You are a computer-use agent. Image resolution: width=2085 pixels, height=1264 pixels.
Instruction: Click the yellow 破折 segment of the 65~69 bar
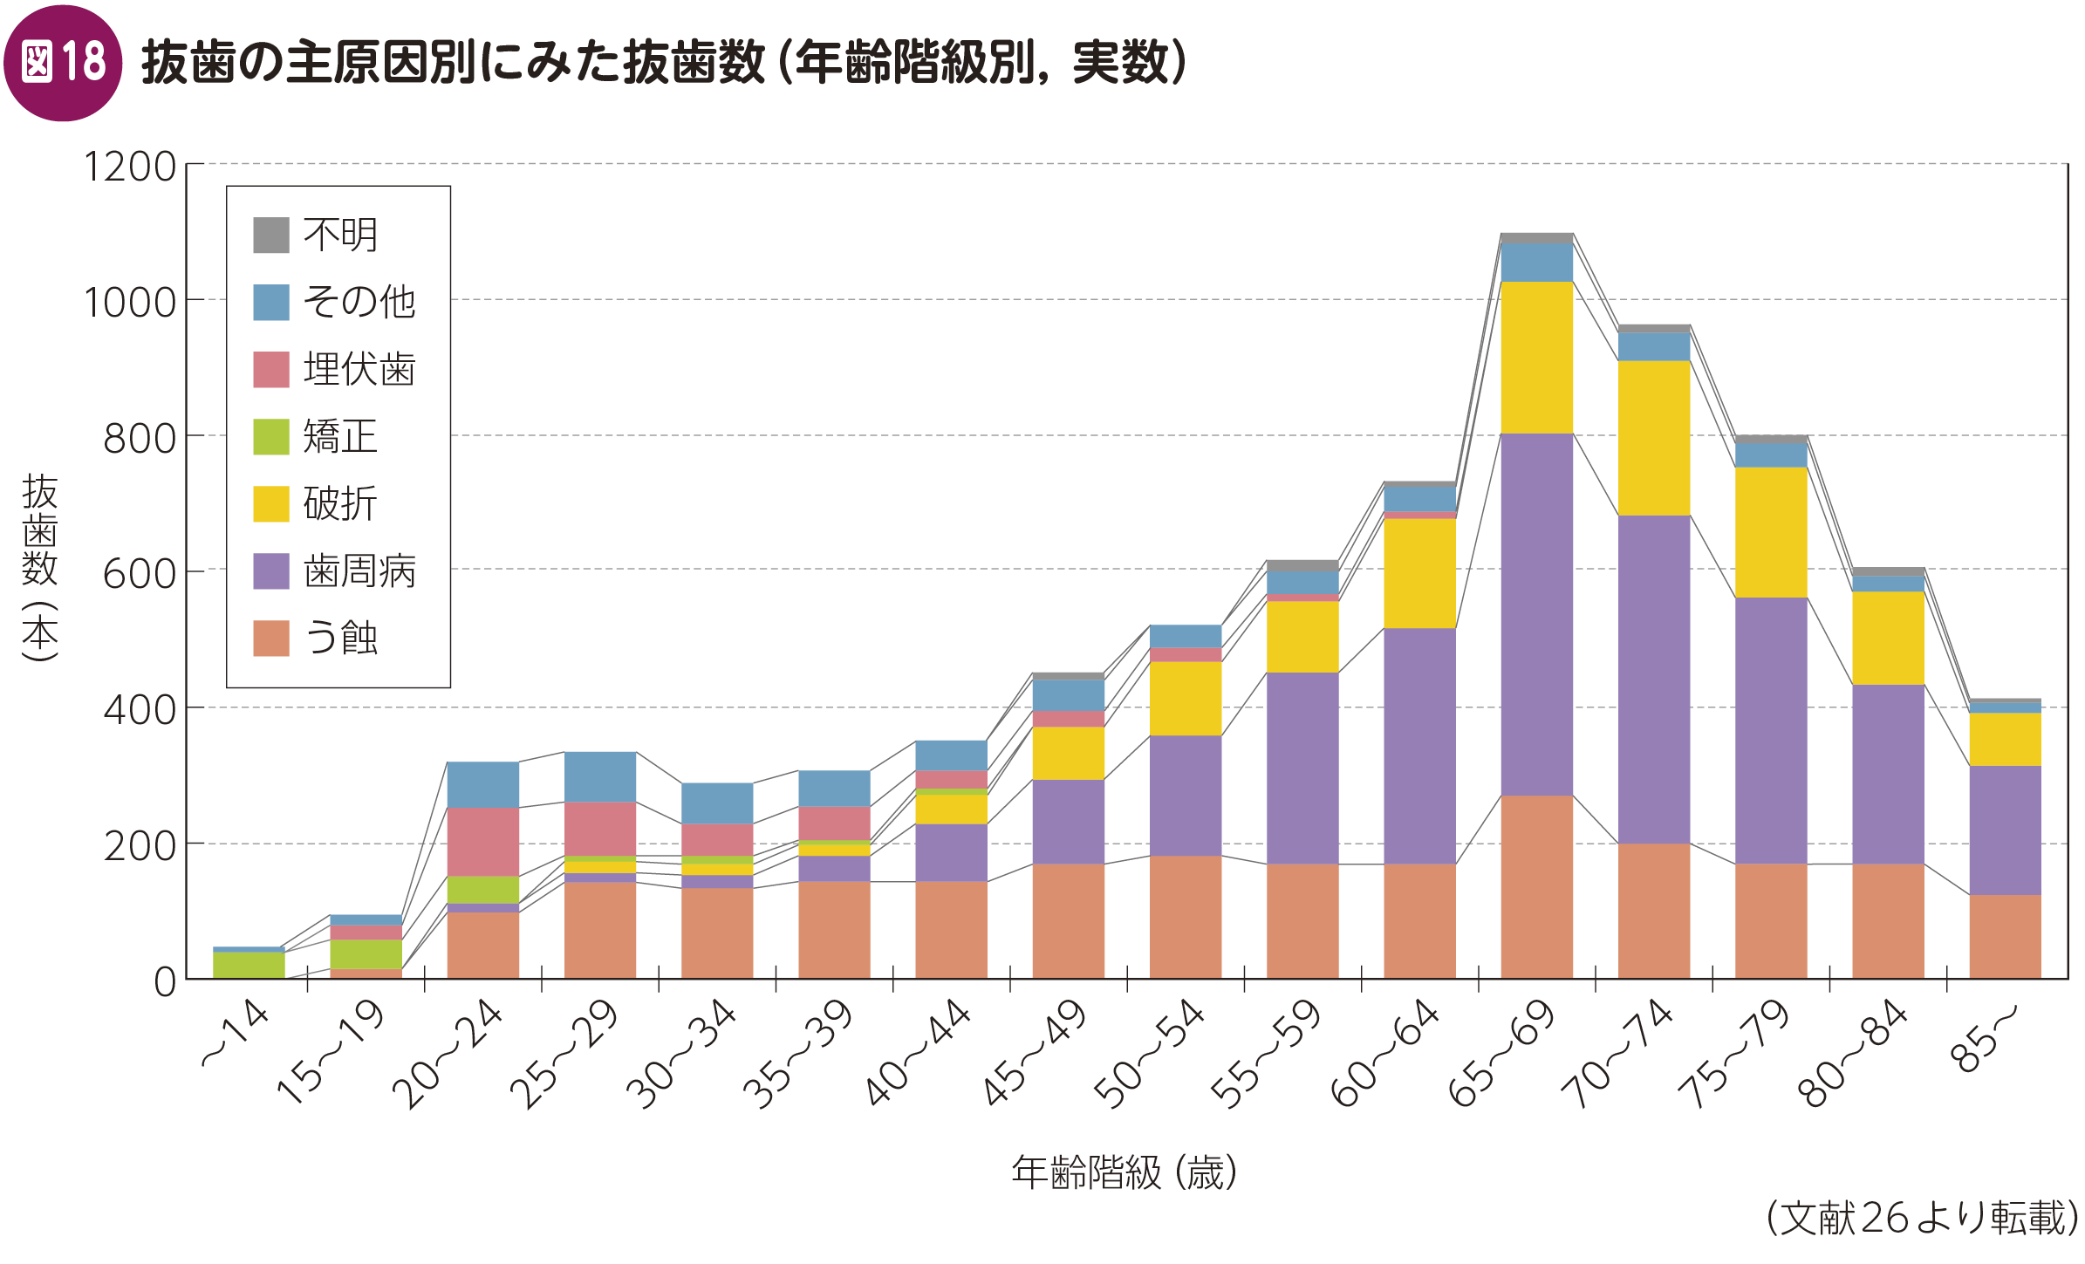coord(1536,357)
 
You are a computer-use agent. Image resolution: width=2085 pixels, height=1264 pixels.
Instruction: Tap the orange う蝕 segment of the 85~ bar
coord(2005,936)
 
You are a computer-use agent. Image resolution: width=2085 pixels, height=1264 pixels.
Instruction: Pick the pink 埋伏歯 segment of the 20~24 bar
coord(482,841)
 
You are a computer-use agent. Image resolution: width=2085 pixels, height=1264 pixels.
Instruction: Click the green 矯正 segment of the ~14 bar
coord(249,965)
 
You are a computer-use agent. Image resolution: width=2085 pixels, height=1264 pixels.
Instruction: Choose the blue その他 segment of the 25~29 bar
coord(599,776)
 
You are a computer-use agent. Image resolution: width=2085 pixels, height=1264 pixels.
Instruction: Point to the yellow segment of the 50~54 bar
coord(1185,698)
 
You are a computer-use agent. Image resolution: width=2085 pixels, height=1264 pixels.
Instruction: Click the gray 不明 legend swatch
coord(270,235)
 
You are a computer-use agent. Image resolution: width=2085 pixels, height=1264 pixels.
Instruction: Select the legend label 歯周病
coord(359,571)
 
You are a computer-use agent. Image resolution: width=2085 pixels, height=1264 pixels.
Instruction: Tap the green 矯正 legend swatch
coord(270,436)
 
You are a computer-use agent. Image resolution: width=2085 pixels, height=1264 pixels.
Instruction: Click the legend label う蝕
coord(341,638)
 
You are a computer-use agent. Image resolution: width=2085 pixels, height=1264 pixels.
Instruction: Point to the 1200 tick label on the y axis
coord(129,167)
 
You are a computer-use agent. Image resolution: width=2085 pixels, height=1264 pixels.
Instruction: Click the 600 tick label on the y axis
coord(139,574)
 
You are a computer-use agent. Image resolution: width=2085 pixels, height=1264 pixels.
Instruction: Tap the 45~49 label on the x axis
coord(1035,1054)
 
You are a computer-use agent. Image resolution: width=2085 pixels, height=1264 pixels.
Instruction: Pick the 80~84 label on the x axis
coord(1852,1054)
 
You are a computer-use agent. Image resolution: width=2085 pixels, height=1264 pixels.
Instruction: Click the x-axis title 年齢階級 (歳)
coord(1124,1172)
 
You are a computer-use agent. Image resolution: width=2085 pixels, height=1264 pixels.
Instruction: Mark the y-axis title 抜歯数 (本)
coord(40,567)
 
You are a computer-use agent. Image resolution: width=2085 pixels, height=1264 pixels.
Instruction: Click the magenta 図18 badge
coord(63,63)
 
